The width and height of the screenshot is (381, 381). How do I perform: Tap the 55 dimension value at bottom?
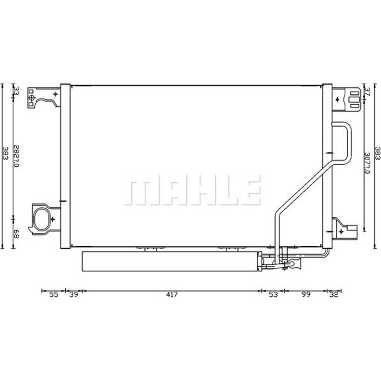pos(53,295)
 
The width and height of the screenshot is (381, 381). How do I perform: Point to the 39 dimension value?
pos(73,295)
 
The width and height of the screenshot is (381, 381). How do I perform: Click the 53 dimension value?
pos(272,295)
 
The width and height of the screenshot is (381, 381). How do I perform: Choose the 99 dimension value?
pos(306,295)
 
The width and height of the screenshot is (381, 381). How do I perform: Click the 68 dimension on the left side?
pos(16,233)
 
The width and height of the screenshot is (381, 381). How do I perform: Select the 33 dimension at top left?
pos(16,91)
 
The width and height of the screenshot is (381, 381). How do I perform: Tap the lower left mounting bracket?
pos(45,219)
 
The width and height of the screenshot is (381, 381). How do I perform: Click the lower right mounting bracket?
pos(344,229)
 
